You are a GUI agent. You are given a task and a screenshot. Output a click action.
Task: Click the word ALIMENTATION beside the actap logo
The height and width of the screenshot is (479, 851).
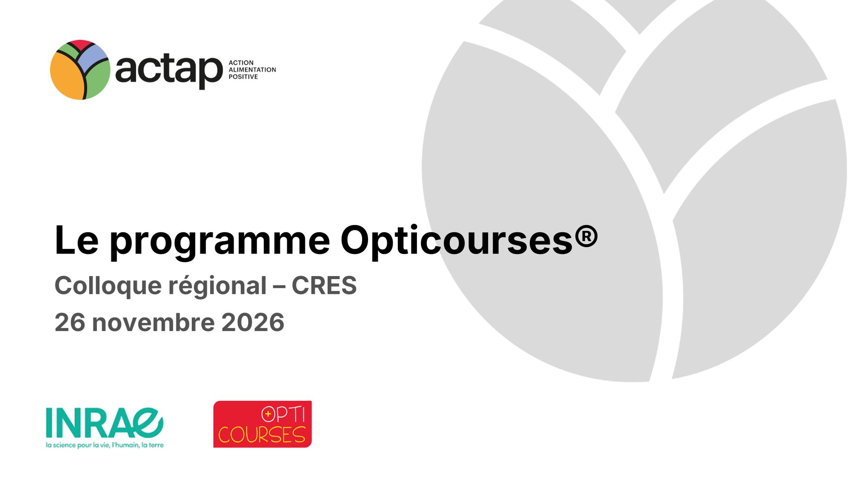point(252,70)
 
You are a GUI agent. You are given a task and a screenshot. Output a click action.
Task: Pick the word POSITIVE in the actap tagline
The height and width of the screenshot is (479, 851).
point(243,77)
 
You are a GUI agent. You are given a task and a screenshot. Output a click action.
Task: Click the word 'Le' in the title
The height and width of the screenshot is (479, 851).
point(77,240)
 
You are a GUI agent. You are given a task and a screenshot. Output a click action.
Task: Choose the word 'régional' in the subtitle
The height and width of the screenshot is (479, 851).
point(218,286)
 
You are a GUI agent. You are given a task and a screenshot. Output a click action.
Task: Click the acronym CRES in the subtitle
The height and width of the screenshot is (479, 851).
point(324,285)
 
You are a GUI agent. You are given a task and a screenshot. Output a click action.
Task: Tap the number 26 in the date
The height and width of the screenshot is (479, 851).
point(70,322)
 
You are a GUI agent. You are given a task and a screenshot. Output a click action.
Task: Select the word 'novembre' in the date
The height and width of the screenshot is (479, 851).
point(153,322)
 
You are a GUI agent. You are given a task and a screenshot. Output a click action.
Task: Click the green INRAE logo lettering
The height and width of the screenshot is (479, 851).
point(105,423)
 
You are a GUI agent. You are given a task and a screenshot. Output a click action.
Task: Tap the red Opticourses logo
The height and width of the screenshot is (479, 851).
point(263,424)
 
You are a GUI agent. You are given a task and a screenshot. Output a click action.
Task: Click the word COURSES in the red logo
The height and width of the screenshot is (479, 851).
point(262,434)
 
